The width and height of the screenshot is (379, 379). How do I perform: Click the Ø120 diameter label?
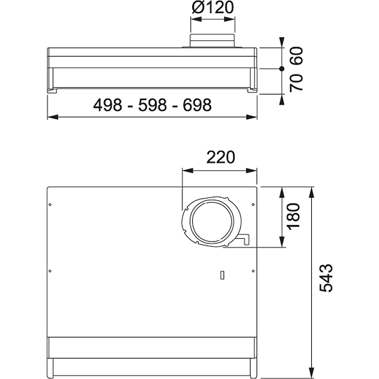click(213, 8)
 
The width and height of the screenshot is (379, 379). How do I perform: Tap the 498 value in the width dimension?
click(108, 105)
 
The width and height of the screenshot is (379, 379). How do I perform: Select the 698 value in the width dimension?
click(197, 105)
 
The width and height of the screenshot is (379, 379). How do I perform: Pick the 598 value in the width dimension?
click(152, 105)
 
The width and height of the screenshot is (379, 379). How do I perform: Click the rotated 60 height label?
click(296, 56)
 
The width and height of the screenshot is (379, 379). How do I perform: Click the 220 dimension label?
click(221, 157)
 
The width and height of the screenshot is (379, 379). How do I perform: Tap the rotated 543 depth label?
click(326, 278)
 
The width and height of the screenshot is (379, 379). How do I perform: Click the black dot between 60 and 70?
click(282, 69)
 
